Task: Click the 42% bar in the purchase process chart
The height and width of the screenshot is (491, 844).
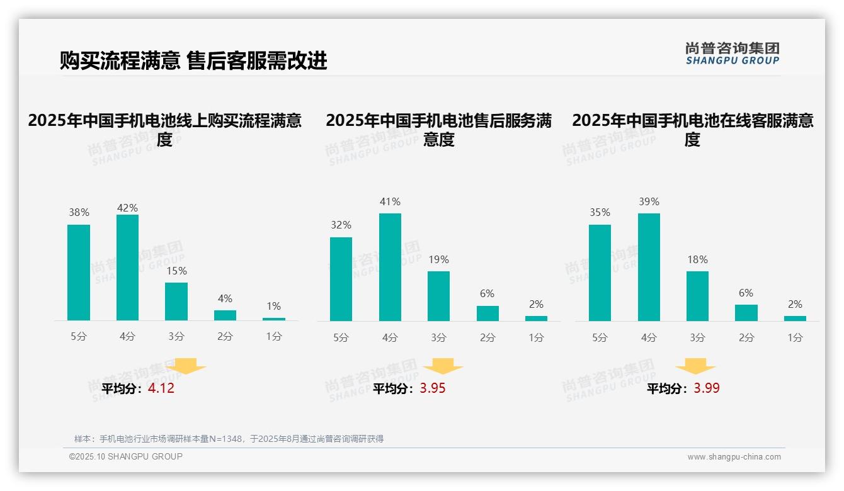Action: (x=127, y=268)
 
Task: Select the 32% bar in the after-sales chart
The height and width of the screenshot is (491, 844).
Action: (x=341, y=279)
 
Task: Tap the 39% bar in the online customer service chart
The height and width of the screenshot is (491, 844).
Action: (x=649, y=267)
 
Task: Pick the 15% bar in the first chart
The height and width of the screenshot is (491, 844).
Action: (x=176, y=302)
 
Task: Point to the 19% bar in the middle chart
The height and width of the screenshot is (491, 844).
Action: (x=438, y=296)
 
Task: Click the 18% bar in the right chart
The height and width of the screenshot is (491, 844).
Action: (x=697, y=296)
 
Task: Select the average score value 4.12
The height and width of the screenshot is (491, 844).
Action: (x=161, y=388)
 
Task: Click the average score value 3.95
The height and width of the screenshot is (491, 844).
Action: (x=432, y=388)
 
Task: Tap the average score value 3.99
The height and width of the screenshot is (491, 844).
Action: (x=707, y=388)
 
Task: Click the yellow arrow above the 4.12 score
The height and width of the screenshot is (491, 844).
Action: (x=186, y=366)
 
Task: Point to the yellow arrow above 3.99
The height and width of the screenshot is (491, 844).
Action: (x=695, y=366)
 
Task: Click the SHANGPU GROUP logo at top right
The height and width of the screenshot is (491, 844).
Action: (x=732, y=54)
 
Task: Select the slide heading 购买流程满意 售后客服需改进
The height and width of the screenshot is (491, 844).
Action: (x=193, y=61)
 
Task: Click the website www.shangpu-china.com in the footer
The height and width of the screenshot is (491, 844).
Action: (x=734, y=457)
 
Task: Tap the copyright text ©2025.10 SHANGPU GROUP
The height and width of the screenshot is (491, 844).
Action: (x=126, y=456)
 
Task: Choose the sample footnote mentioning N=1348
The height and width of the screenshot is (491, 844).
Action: (x=229, y=439)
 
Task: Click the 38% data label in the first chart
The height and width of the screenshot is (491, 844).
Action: (x=79, y=213)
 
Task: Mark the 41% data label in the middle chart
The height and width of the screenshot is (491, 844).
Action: (x=390, y=202)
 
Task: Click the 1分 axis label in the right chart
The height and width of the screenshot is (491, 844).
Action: (x=795, y=337)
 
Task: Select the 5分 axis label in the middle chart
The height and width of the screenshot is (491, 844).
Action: (x=341, y=337)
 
